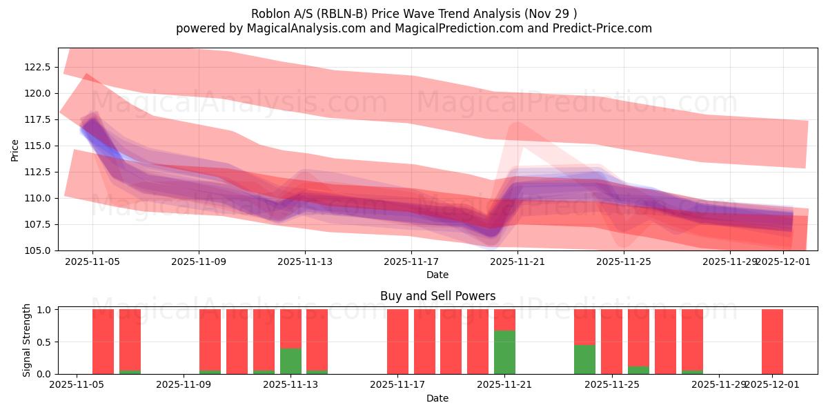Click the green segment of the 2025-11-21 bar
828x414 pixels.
click(504, 353)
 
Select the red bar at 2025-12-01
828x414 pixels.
click(772, 342)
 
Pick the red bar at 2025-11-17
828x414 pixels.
click(397, 342)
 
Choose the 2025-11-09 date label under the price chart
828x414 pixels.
click(199, 262)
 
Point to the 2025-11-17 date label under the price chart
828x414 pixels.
click(411, 262)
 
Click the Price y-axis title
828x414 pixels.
click(14, 149)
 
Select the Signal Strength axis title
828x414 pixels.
click(26, 342)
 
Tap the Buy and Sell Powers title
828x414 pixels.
click(437, 296)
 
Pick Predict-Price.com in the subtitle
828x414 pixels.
click(603, 28)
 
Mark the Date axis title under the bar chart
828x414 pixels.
click(437, 398)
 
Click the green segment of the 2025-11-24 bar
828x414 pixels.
click(584, 359)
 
